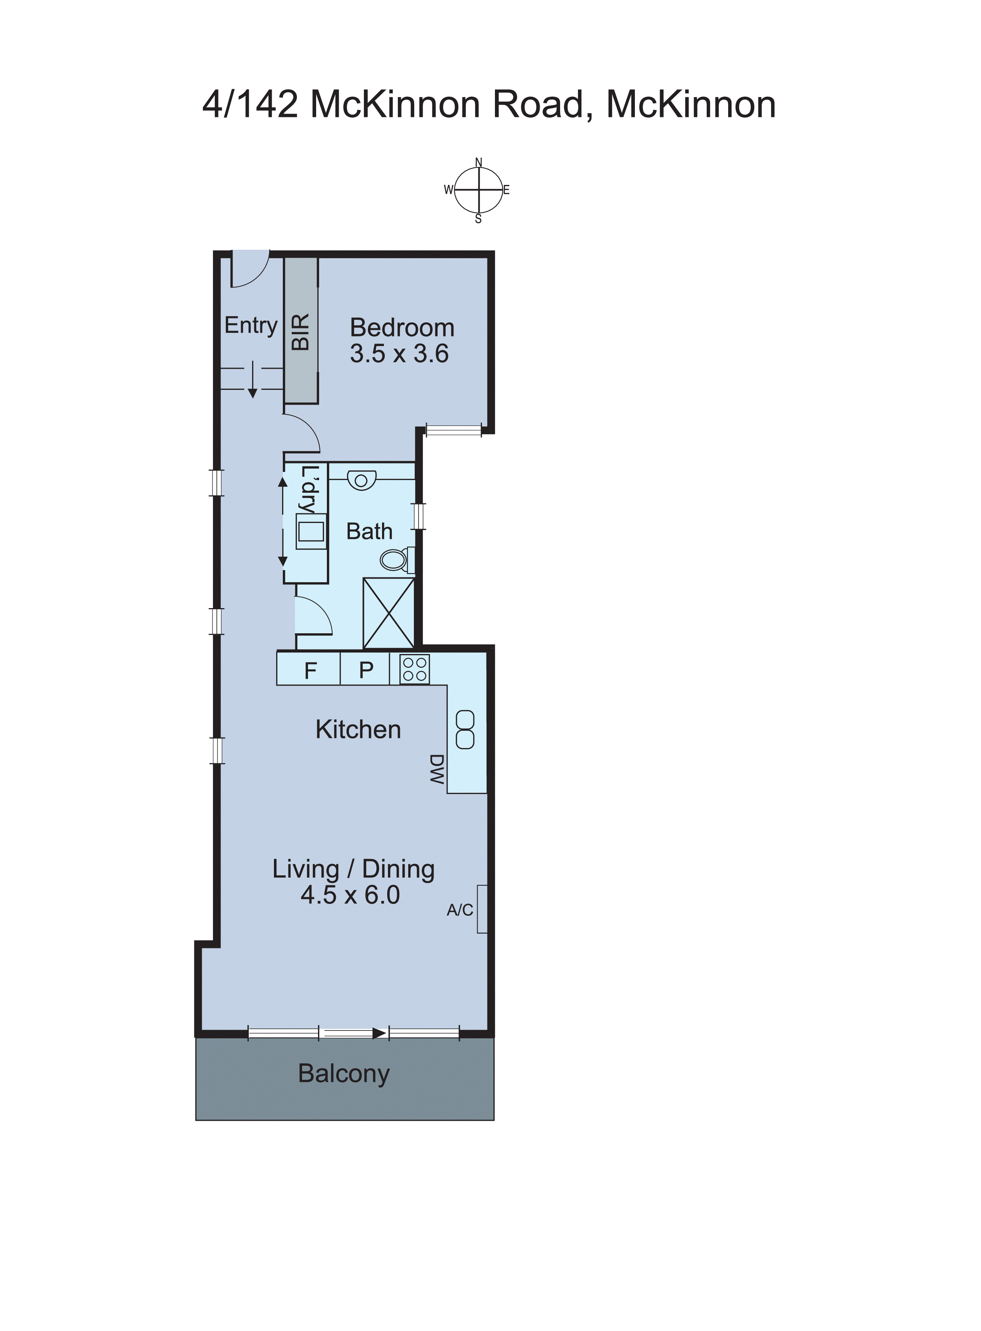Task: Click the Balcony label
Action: (x=344, y=1073)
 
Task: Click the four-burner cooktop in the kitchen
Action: (x=414, y=669)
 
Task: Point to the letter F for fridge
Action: (x=310, y=670)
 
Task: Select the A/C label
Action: (x=460, y=909)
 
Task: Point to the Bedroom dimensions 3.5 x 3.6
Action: (x=399, y=354)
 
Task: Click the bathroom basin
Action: (x=361, y=480)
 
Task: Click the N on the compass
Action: (x=479, y=162)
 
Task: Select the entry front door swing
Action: (x=250, y=270)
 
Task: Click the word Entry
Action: (x=251, y=325)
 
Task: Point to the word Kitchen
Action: (x=358, y=730)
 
